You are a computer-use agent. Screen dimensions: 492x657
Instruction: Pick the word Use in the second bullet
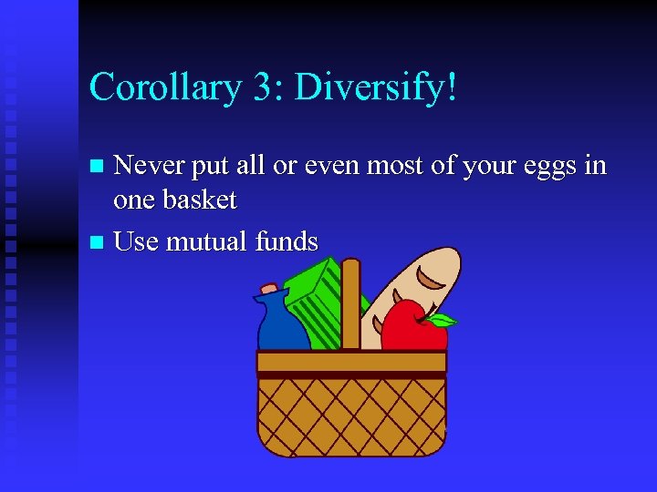coord(135,242)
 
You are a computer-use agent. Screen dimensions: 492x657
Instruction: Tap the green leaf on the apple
coord(442,320)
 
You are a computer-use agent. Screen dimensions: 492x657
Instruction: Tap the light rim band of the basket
coord(351,362)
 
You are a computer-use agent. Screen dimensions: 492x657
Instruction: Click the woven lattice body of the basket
coord(351,415)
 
